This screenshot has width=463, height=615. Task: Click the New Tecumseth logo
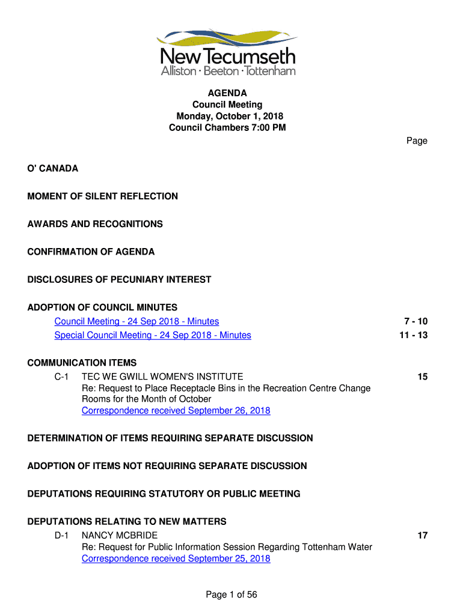227,52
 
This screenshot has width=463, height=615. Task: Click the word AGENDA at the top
227,93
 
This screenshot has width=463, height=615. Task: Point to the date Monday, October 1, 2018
229,116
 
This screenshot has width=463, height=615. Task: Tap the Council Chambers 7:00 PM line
227,127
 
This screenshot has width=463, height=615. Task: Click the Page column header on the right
417,141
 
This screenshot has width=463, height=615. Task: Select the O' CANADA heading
53,169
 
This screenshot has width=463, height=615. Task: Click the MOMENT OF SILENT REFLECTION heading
103,196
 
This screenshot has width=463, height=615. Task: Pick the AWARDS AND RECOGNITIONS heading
95,224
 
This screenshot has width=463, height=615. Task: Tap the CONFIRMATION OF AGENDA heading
91,252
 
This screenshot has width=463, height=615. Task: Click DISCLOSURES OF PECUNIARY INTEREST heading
119,279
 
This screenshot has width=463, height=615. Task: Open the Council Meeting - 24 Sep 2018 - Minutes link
136,321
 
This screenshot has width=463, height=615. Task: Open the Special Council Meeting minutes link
153,335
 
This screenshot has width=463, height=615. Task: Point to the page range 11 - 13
413,335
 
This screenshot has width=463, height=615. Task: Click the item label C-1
62,377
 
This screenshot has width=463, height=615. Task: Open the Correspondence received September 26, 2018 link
176,411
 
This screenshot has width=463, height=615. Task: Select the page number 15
423,377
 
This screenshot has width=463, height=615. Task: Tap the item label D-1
62,535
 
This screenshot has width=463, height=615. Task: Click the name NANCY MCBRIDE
120,535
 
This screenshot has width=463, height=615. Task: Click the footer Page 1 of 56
231,595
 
